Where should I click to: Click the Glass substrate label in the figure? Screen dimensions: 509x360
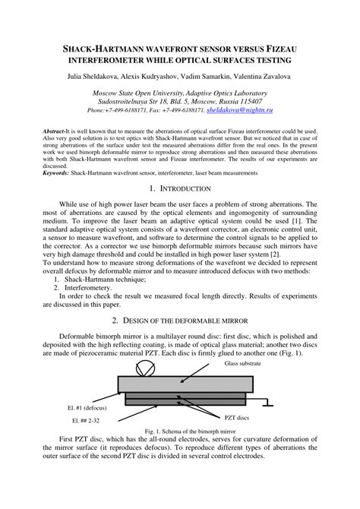(244, 364)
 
